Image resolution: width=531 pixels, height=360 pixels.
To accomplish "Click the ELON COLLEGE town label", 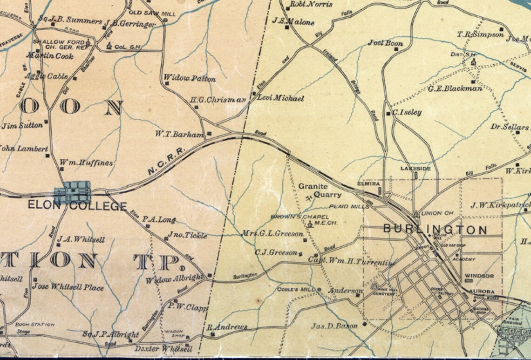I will point(77,205).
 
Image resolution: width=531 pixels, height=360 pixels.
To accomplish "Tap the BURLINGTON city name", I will point(435,230).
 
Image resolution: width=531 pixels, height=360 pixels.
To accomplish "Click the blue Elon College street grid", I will point(72,192).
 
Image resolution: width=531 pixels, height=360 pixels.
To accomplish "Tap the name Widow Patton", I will point(190,79).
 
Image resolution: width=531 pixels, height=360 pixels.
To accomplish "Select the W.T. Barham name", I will point(179,135).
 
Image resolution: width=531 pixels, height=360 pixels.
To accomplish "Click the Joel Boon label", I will point(386,43).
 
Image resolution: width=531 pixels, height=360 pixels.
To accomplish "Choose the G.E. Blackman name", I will point(455,88).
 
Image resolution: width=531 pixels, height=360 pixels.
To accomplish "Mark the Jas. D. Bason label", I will point(334,326).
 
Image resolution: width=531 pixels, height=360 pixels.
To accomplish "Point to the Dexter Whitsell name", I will point(163,349).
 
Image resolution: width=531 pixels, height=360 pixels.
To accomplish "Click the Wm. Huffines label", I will point(86,163).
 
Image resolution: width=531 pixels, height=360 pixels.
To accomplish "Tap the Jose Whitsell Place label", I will point(68,287).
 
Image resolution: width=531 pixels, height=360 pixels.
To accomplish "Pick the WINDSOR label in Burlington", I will point(479,276).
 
